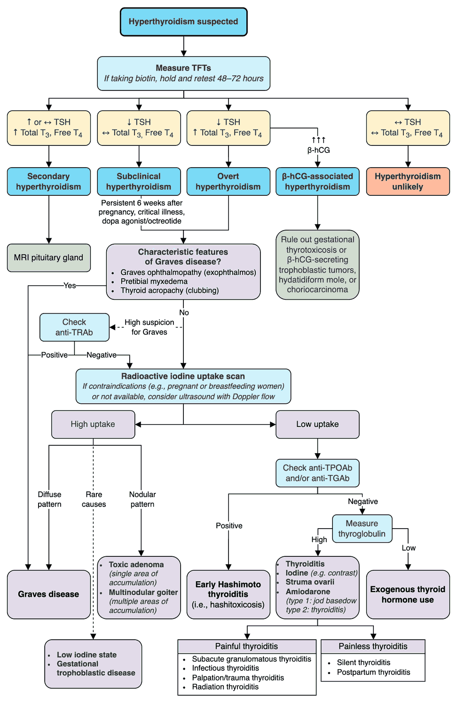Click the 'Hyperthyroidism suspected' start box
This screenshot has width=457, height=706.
(183, 22)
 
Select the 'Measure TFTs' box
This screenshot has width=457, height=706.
(183, 73)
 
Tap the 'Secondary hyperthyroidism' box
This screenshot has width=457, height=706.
(48, 181)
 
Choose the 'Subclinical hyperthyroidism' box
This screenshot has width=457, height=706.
(139, 181)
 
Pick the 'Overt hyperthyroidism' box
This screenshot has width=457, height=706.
(228, 181)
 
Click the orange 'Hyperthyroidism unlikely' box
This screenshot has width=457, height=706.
(408, 181)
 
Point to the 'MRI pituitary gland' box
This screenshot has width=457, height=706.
(48, 257)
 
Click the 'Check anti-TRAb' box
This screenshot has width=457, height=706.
(74, 327)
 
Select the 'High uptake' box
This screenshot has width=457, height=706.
(93, 424)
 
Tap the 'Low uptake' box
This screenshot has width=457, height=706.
(317, 424)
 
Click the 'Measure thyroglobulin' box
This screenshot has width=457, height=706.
(362, 529)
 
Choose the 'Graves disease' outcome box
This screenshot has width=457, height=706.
(48, 594)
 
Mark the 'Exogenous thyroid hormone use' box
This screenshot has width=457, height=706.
(408, 594)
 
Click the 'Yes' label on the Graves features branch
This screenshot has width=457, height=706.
(70, 286)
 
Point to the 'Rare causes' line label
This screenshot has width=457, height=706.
(94, 499)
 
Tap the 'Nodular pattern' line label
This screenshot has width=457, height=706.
(142, 499)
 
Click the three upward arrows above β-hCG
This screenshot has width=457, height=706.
(318, 140)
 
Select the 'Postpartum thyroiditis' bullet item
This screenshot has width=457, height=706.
(373, 672)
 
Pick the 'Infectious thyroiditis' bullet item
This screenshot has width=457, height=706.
(225, 668)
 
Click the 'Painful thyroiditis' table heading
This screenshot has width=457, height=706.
(246, 646)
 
